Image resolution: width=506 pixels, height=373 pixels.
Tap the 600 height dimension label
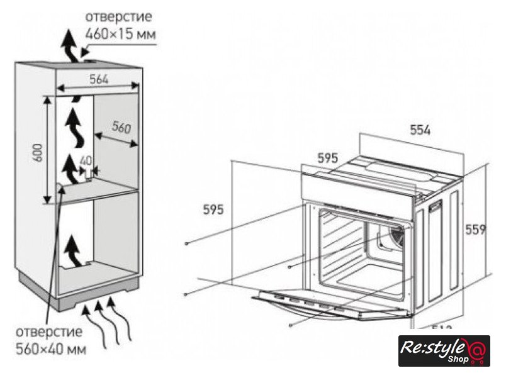[38, 152]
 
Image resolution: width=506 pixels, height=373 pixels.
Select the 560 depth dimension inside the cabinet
[120, 128]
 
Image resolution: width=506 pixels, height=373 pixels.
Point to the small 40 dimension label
[86, 160]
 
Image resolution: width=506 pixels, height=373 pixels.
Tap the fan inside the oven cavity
[393, 238]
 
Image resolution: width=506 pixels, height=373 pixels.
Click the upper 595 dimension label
[327, 159]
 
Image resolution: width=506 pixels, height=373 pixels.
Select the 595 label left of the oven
[213, 210]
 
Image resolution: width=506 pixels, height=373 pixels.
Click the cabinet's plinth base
[79, 292]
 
